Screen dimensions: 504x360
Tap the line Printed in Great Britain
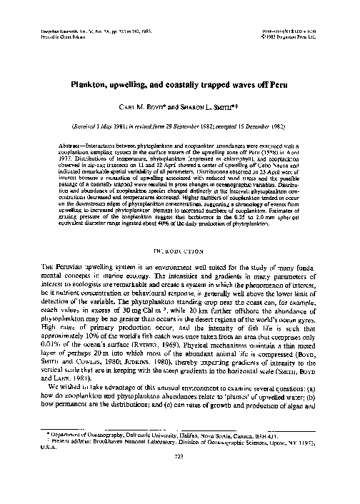tap(61, 39)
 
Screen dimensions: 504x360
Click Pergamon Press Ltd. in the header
tap(316, 39)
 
